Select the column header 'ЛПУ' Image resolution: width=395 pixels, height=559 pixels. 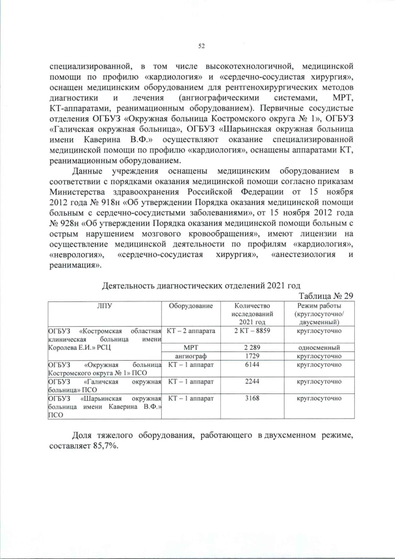104,306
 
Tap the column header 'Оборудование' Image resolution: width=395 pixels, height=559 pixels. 190,306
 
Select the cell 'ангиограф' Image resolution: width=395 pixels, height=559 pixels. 190,357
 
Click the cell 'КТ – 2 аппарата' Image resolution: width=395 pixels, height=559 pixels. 190,332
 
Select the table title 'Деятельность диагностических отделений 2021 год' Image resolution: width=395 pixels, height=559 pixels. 201,285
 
